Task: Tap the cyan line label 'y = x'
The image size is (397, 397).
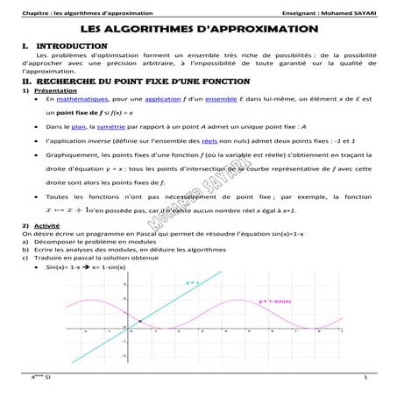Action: pos(192,282)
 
